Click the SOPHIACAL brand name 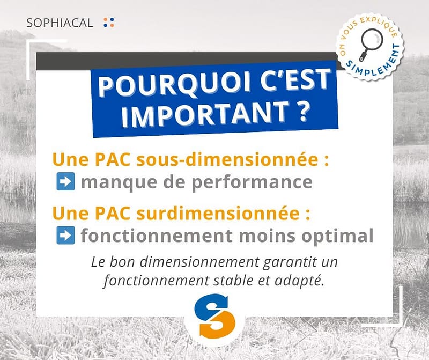(x=60, y=23)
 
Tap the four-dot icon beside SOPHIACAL (x=109, y=23)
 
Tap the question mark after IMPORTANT (x=302, y=111)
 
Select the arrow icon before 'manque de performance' (x=65, y=181)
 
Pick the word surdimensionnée (x=218, y=213)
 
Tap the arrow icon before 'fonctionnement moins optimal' (x=65, y=235)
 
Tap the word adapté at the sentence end (x=299, y=281)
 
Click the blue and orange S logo (x=215, y=315)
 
